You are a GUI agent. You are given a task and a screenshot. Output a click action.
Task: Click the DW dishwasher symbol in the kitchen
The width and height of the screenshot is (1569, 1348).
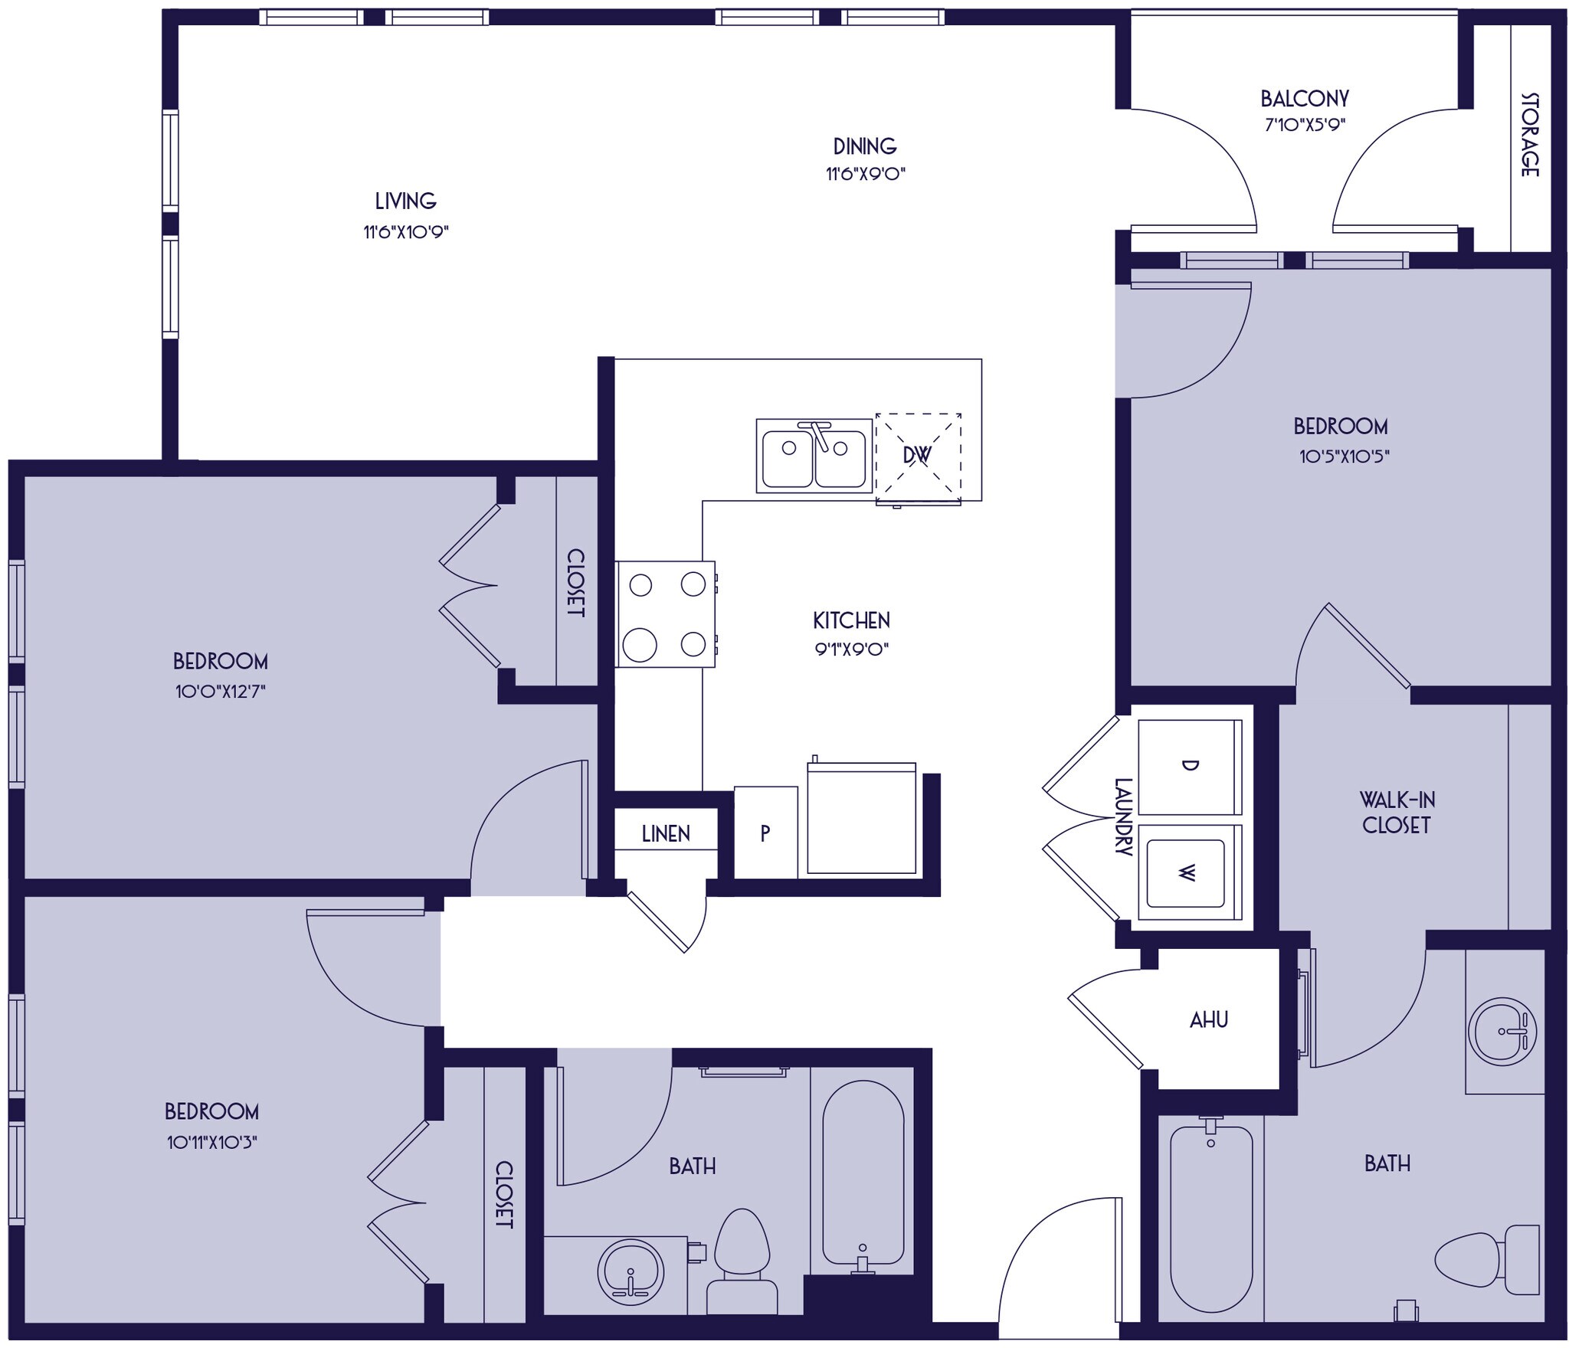tap(918, 456)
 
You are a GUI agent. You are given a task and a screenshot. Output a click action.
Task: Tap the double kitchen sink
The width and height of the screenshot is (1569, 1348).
tap(814, 456)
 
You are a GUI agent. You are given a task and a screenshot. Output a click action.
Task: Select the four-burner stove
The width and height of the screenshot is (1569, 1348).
tap(665, 614)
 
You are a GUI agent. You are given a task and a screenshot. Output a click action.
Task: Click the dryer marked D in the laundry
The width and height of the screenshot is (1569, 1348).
tap(1189, 767)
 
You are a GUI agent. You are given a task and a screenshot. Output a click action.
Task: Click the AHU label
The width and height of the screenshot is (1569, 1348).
tap(1209, 1019)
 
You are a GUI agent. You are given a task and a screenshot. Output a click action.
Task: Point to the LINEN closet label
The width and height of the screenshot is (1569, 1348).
tap(665, 834)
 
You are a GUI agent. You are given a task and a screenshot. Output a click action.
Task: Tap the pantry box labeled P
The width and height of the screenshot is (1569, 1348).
tap(765, 833)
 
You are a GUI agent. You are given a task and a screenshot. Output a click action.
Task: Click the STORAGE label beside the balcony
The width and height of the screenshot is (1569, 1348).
tap(1528, 135)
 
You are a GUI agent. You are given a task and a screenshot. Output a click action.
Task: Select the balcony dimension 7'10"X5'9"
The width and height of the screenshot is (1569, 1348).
tap(1305, 124)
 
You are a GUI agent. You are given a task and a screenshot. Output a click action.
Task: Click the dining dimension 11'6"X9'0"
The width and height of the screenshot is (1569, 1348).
tap(865, 174)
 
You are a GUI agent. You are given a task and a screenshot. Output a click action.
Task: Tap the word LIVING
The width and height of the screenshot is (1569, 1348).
tap(405, 201)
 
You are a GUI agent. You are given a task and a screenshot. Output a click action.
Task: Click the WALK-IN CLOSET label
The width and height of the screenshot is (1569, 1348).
tap(1397, 812)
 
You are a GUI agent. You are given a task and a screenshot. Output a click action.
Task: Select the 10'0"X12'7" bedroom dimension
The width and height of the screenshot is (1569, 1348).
tap(220, 692)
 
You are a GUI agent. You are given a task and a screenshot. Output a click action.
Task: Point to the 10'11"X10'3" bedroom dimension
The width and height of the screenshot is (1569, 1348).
tap(211, 1143)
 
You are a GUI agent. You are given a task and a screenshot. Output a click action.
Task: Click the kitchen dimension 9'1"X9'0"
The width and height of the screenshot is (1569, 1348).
tap(851, 649)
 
